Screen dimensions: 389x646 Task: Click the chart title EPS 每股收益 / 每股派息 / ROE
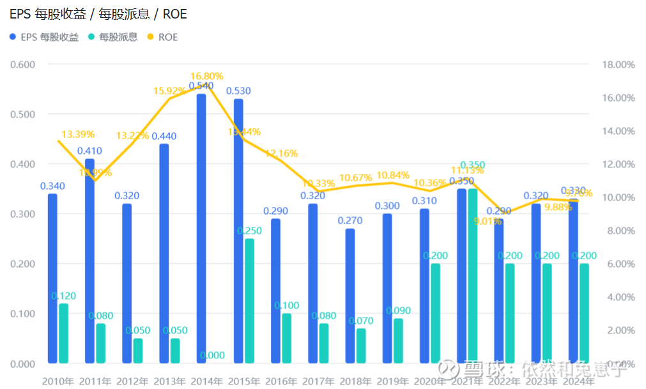98,13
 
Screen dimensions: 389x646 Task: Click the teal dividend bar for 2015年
249,301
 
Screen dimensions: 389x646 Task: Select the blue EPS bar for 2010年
52,278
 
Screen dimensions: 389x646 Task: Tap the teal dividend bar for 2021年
472,276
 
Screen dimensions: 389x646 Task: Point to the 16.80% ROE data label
207,76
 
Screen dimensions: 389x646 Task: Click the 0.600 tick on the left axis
23,65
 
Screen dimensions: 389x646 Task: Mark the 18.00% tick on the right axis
619,65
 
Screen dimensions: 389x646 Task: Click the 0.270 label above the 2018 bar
350,221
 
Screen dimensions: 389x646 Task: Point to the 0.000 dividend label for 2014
212,355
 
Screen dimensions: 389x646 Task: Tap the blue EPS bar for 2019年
387,289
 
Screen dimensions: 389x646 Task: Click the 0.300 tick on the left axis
23,214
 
